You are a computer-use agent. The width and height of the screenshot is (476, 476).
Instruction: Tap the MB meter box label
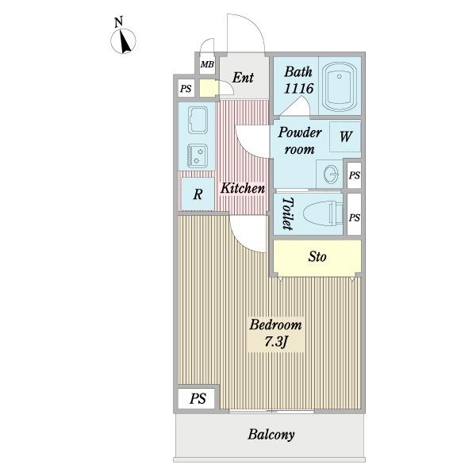[x=207, y=64]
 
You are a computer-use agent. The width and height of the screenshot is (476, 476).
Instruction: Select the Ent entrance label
[x=243, y=78]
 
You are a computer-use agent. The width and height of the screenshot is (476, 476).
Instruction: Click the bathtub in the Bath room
[x=340, y=86]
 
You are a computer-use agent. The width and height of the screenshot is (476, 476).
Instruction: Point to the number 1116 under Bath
[x=299, y=89]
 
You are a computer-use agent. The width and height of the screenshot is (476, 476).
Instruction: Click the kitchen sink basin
[x=198, y=121]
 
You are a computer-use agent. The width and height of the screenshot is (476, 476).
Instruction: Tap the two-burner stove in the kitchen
[x=198, y=155]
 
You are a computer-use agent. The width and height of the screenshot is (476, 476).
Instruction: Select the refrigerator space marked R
[x=198, y=194]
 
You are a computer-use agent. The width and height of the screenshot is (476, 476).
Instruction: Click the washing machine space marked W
[x=345, y=137]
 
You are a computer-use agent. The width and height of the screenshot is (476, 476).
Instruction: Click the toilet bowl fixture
[x=323, y=213]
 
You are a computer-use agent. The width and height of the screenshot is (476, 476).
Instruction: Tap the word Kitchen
[x=243, y=189]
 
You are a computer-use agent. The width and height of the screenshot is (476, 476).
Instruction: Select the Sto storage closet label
[x=317, y=256]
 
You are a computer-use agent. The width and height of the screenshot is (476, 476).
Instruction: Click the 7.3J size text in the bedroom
[x=275, y=342]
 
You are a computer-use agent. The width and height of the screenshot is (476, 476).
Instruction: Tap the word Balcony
[x=271, y=435]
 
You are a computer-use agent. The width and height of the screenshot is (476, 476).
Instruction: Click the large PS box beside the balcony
[x=198, y=398]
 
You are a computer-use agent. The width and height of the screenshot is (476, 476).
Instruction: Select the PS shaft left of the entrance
[x=186, y=89]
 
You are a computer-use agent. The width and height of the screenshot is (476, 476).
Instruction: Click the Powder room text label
[x=300, y=141]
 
